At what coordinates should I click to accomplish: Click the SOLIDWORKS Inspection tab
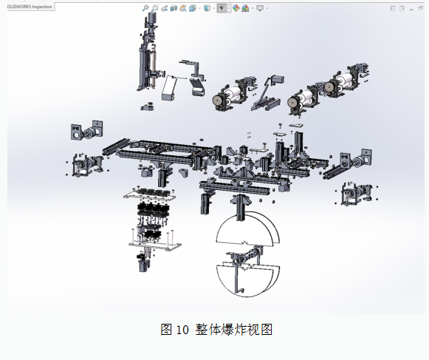coord(30,7)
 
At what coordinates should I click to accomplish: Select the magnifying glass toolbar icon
coord(145,8)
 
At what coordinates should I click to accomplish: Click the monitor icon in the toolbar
coord(260,8)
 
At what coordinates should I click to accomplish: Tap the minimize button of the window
coord(411,9)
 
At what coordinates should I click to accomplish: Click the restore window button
coord(421,8)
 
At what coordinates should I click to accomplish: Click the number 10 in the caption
coord(182,330)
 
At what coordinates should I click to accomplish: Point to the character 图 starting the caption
coord(166,329)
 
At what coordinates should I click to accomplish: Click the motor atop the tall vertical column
coord(152,18)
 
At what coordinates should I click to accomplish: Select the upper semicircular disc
coord(247,228)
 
